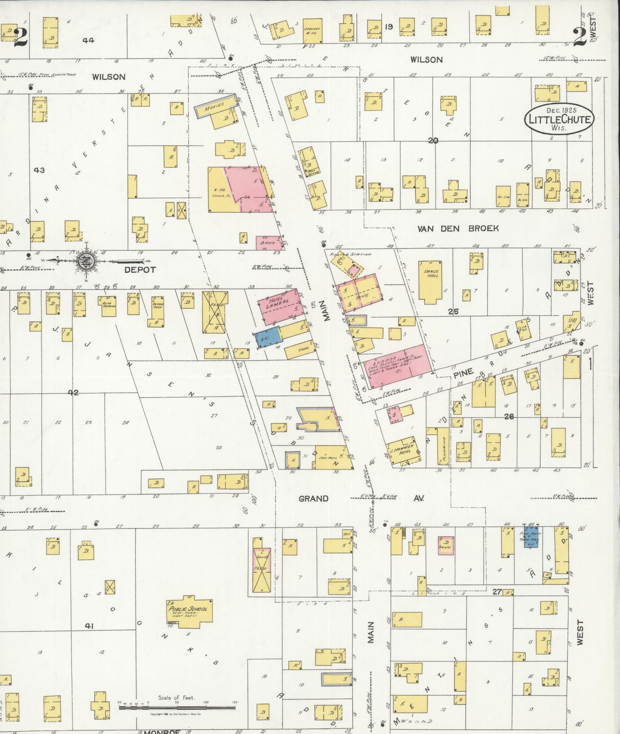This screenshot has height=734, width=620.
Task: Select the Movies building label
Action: tap(215, 107)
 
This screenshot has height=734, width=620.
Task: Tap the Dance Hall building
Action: tap(430, 282)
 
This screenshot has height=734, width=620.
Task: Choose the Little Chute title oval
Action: tap(560, 119)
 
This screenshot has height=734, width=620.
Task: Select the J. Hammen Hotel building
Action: tap(402, 452)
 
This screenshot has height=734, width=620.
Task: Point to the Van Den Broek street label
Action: tap(458, 228)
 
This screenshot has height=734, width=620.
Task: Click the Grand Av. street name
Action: tap(314, 499)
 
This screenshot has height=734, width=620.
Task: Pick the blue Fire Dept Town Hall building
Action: tap(531, 537)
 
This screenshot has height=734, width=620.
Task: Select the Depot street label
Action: tap(140, 269)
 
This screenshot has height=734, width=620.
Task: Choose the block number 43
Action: tap(39, 170)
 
